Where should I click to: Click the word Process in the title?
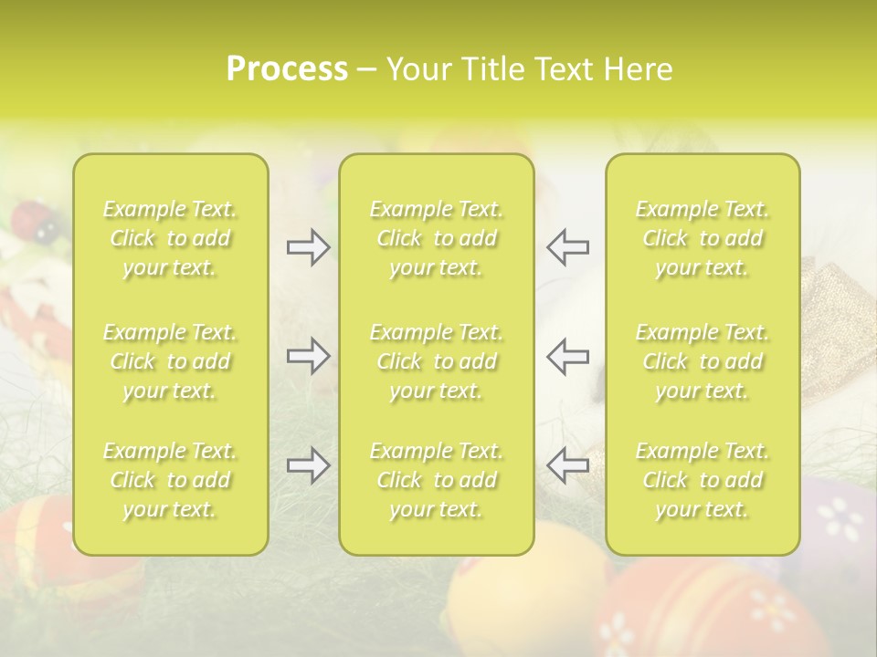(287, 69)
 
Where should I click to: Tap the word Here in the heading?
(638, 69)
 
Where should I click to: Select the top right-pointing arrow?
(309, 247)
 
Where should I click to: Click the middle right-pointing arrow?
(309, 356)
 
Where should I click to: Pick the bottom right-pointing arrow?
(309, 464)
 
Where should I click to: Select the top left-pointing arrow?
(567, 246)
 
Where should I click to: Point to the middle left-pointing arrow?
(567, 356)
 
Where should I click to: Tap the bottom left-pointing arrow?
(567, 464)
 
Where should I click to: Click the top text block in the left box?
(170, 238)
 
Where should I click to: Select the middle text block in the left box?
(170, 361)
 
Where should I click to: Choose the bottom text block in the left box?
(170, 480)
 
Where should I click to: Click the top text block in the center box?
(437, 238)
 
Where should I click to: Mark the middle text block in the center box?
(437, 361)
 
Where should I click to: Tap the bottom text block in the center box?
(437, 480)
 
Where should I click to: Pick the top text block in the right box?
(703, 238)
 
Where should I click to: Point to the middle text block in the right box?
(703, 361)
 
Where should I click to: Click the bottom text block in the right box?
(703, 480)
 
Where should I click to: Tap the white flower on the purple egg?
(840, 518)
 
